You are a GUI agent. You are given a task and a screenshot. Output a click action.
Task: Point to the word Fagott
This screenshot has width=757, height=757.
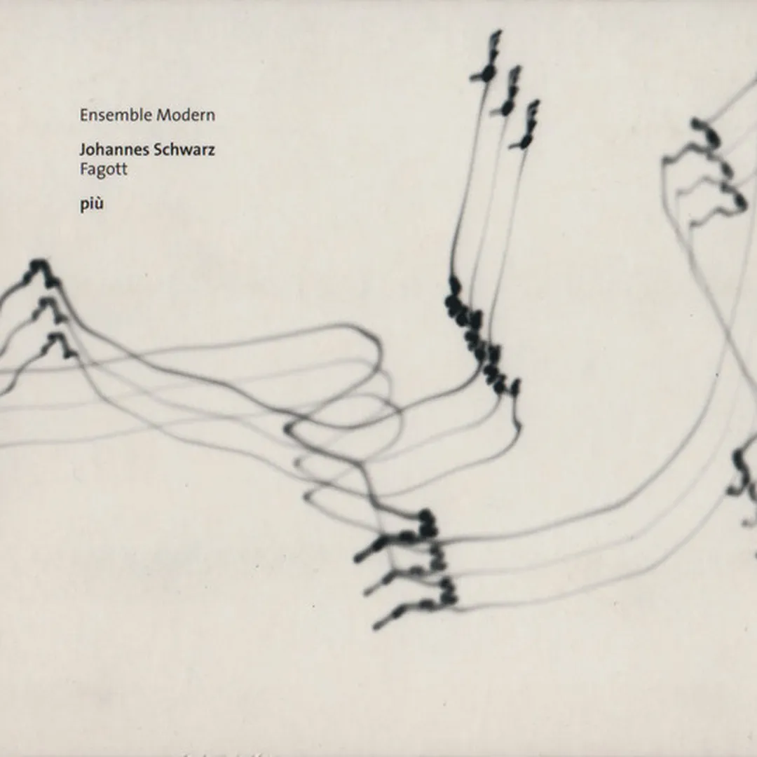tap(104, 170)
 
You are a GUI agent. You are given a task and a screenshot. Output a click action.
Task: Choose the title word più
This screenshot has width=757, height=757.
tap(92, 204)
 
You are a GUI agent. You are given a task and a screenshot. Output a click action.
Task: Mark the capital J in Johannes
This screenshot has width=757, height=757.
tap(83, 151)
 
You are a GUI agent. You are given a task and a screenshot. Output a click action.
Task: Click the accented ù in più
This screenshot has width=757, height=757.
tap(99, 204)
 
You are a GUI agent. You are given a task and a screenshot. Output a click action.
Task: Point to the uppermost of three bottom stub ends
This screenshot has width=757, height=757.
tap(357, 559)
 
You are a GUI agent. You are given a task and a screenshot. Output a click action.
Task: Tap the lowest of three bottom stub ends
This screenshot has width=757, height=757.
tap(377, 627)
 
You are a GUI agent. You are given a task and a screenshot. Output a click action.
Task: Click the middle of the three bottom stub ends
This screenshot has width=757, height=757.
tap(368, 591)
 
